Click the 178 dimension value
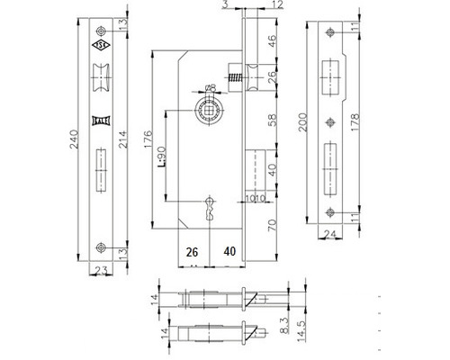pos(357,122)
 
